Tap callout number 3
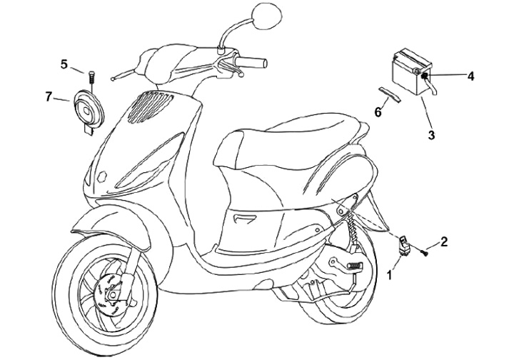pyautogui.click(x=431, y=134)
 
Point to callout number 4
pyautogui.click(x=470, y=74)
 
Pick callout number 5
pyautogui.click(x=64, y=65)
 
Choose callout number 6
pyautogui.click(x=378, y=111)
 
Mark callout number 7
pyautogui.click(x=49, y=96)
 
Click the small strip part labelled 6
pyautogui.click(x=390, y=95)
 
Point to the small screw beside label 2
pyautogui.click(x=426, y=250)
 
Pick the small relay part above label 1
pyautogui.click(x=404, y=244)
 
